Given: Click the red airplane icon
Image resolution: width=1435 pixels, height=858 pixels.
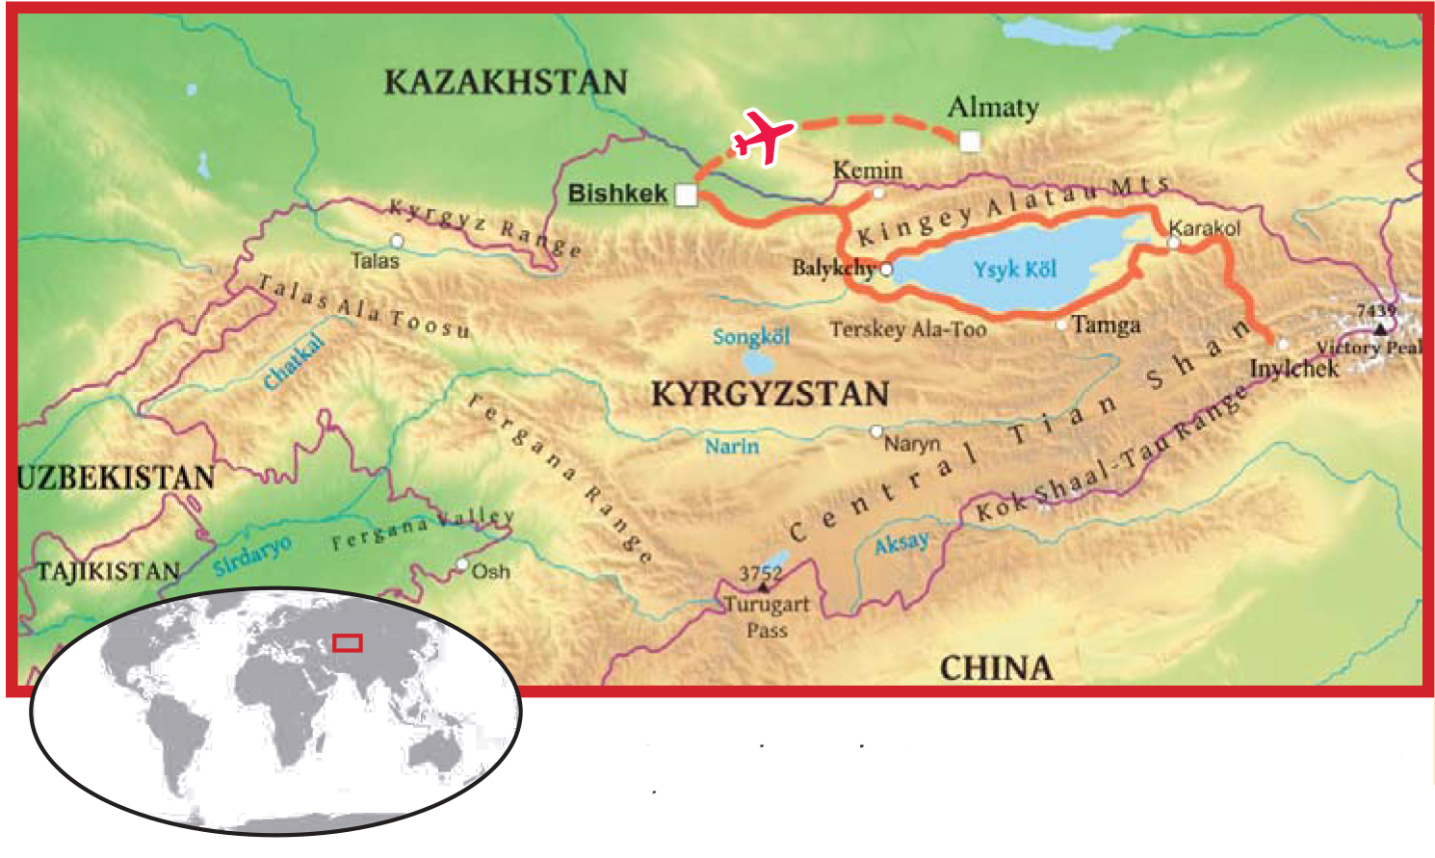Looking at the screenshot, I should [x=764, y=136].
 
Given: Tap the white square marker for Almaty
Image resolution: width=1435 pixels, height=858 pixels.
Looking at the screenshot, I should [x=970, y=142].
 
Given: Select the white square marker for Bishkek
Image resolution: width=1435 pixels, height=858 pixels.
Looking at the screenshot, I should [x=686, y=195].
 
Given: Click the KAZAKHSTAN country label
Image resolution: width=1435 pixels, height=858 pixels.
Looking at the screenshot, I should [x=506, y=82].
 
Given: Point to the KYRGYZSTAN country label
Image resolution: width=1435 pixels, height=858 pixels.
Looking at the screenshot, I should [x=770, y=394].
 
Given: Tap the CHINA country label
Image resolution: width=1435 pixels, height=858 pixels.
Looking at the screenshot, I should [x=996, y=667].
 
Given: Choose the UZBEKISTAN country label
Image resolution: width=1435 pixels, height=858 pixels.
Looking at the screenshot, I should [x=116, y=478].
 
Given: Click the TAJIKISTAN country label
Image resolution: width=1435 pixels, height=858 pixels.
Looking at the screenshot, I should [x=108, y=571].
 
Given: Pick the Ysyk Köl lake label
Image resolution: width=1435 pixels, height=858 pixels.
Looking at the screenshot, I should [x=1014, y=269].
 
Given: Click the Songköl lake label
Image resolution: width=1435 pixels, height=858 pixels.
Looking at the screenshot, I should [x=751, y=337].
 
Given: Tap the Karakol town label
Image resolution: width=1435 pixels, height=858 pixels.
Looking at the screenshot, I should [x=1204, y=228].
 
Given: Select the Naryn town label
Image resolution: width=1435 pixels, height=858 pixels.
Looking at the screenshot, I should [x=911, y=444].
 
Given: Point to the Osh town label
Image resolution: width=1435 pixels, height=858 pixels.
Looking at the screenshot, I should [x=490, y=571].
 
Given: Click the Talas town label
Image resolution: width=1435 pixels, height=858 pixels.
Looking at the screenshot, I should [x=375, y=260].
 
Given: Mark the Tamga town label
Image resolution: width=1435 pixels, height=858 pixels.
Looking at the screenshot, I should [x=1106, y=325].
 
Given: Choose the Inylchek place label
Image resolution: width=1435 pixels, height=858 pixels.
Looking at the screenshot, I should [x=1293, y=369].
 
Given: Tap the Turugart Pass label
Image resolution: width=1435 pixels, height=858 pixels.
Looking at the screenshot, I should [x=767, y=616].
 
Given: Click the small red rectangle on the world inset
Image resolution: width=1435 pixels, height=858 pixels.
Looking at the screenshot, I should [x=348, y=642].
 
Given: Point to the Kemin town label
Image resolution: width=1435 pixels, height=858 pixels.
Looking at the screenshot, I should [x=867, y=170].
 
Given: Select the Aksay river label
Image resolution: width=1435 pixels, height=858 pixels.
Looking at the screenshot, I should [x=901, y=544].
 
